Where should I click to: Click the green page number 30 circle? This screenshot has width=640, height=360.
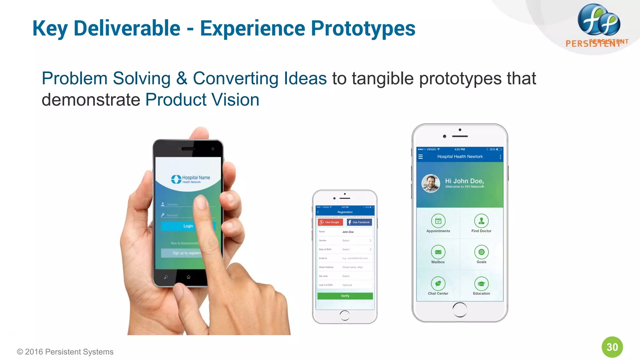(612, 347)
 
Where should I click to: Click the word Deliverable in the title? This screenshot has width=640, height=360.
(127, 28)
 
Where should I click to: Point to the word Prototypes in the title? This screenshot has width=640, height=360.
(363, 28)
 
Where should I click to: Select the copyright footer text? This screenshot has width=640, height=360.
(65, 352)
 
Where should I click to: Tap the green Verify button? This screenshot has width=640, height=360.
(345, 296)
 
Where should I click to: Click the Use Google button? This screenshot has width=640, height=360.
(330, 222)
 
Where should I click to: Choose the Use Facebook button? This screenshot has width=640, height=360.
(359, 222)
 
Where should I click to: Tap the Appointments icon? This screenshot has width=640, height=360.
(438, 221)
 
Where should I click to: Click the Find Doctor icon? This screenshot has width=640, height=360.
(481, 221)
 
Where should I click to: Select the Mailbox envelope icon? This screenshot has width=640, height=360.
(438, 252)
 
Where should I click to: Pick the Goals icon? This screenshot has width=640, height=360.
(481, 252)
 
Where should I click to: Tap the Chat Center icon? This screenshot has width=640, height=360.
(438, 283)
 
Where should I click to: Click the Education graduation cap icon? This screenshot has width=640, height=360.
(481, 283)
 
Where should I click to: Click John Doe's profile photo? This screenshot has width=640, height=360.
(431, 183)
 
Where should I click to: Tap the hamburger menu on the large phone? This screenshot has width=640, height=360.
(421, 157)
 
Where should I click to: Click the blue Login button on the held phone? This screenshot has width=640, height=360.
(188, 226)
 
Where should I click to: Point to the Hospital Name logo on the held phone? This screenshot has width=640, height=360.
(191, 179)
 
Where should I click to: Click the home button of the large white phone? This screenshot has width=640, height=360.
(460, 310)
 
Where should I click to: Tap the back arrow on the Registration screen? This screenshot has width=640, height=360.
(318, 212)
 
